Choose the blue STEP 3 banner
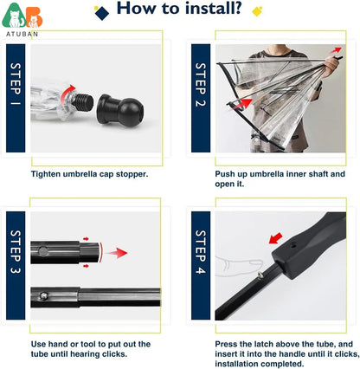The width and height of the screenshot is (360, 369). (x=16, y=264)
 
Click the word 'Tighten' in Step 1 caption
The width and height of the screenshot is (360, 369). (x=48, y=173)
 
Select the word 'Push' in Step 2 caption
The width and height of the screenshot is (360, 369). (x=227, y=173)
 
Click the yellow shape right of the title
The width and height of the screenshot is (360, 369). (x=257, y=10)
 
